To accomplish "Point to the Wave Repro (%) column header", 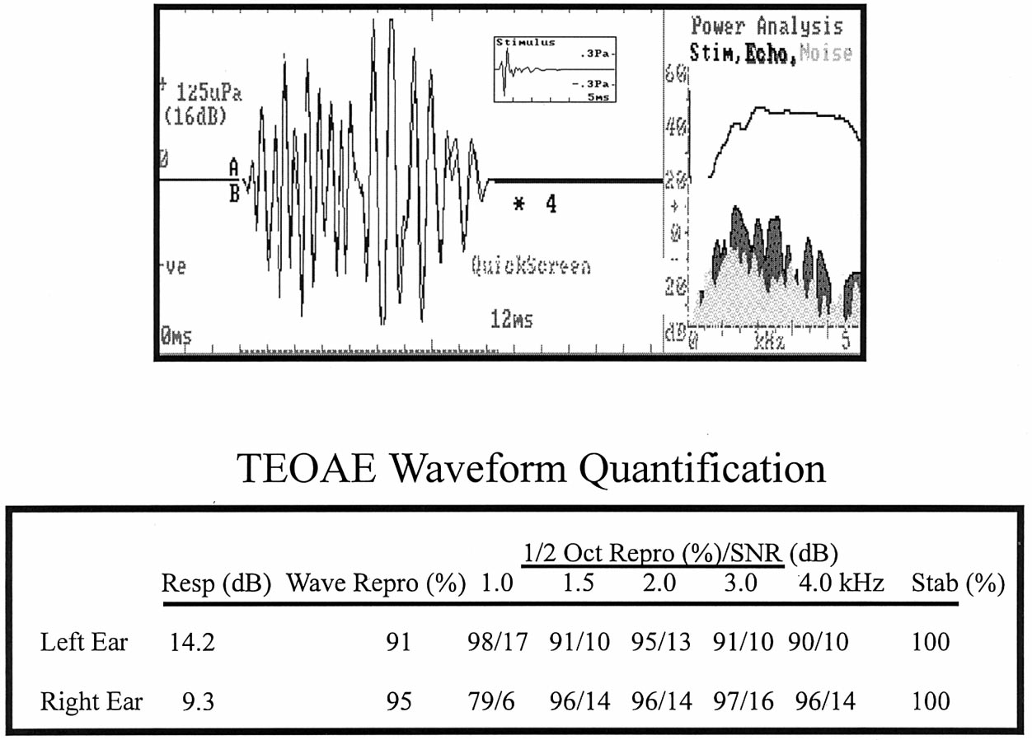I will pos(376,584).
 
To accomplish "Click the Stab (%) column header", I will pos(958,584).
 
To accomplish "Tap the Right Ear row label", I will pos(91,701).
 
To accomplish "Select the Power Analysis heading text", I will pos(767,26).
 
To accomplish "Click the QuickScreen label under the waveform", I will pos(531,267).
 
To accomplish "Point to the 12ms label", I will pos(510,319).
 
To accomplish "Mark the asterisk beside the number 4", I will pos(518,204).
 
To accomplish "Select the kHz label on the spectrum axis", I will pos(769,340).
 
